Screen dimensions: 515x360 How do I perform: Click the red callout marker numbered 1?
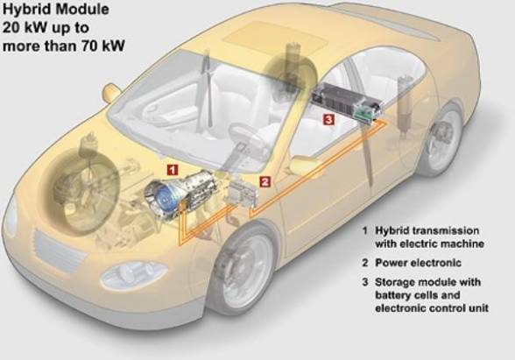[x=173, y=170]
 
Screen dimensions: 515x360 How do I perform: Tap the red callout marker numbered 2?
[x=265, y=181]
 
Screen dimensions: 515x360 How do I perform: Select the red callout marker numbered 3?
[x=328, y=119]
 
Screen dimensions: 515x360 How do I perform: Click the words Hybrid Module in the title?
[x=56, y=9]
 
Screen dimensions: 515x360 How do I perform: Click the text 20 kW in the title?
[x=24, y=27]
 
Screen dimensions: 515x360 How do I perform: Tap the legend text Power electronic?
[x=418, y=263]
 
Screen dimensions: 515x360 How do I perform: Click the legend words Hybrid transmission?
[x=427, y=230]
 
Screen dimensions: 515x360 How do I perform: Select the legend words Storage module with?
[x=427, y=282]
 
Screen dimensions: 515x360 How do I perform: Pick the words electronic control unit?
[x=432, y=308]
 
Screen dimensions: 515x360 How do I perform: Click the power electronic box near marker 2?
[x=243, y=193]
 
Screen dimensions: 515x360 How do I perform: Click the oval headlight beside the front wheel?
[x=134, y=275]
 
